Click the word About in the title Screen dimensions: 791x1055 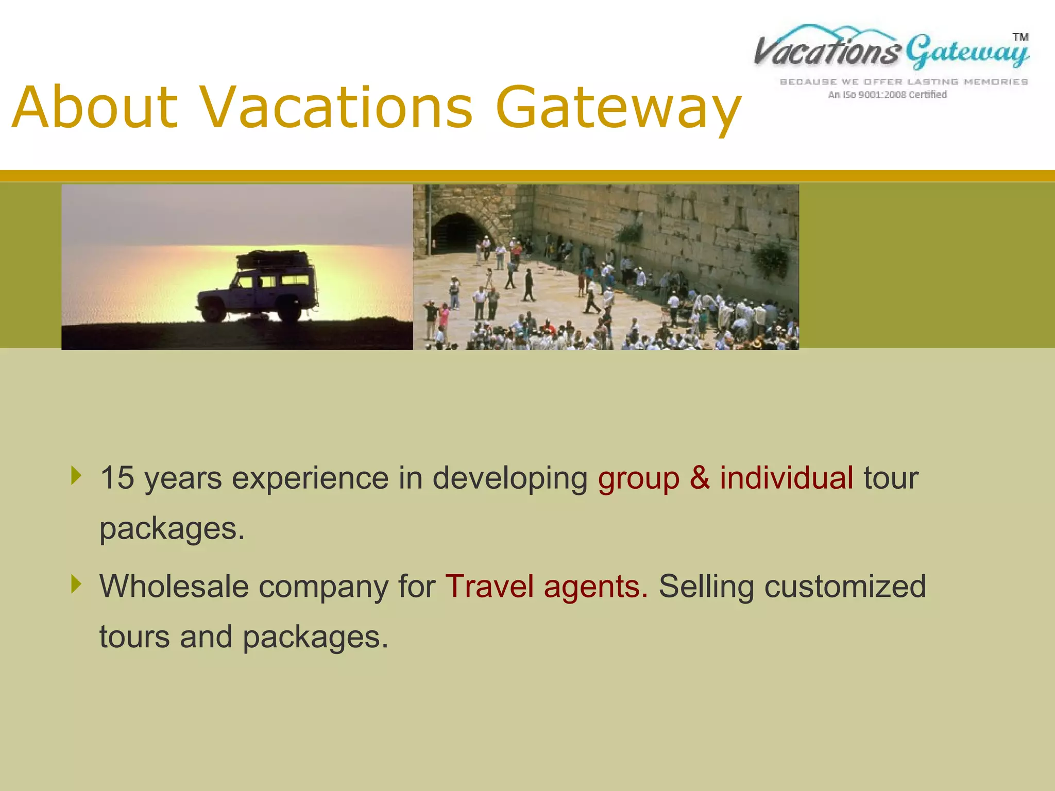click(x=95, y=108)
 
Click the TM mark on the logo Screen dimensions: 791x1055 click(x=1020, y=37)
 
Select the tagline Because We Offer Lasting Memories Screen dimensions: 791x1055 click(x=904, y=82)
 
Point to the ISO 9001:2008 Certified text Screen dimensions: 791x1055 click(x=887, y=95)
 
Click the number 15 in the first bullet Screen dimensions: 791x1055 click(x=117, y=478)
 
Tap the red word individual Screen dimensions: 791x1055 click(x=786, y=478)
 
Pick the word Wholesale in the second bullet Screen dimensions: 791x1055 click(x=174, y=587)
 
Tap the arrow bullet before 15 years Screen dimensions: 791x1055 click(x=76, y=475)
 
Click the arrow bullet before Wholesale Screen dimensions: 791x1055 click(x=76, y=584)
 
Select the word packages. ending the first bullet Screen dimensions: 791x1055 click(x=172, y=529)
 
